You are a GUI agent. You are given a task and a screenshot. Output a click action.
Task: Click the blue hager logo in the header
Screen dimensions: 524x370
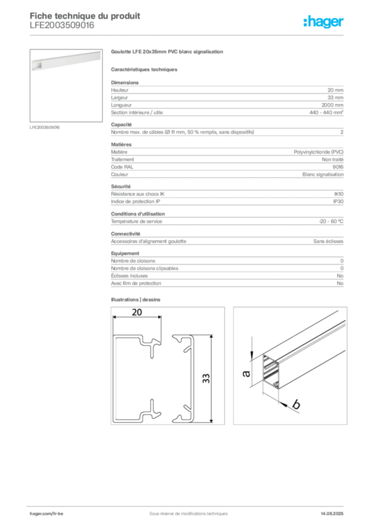point(323,22)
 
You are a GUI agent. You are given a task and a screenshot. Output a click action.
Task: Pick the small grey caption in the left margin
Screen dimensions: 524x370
point(45,127)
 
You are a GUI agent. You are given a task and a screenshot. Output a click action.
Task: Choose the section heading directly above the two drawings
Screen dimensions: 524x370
point(137,298)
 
